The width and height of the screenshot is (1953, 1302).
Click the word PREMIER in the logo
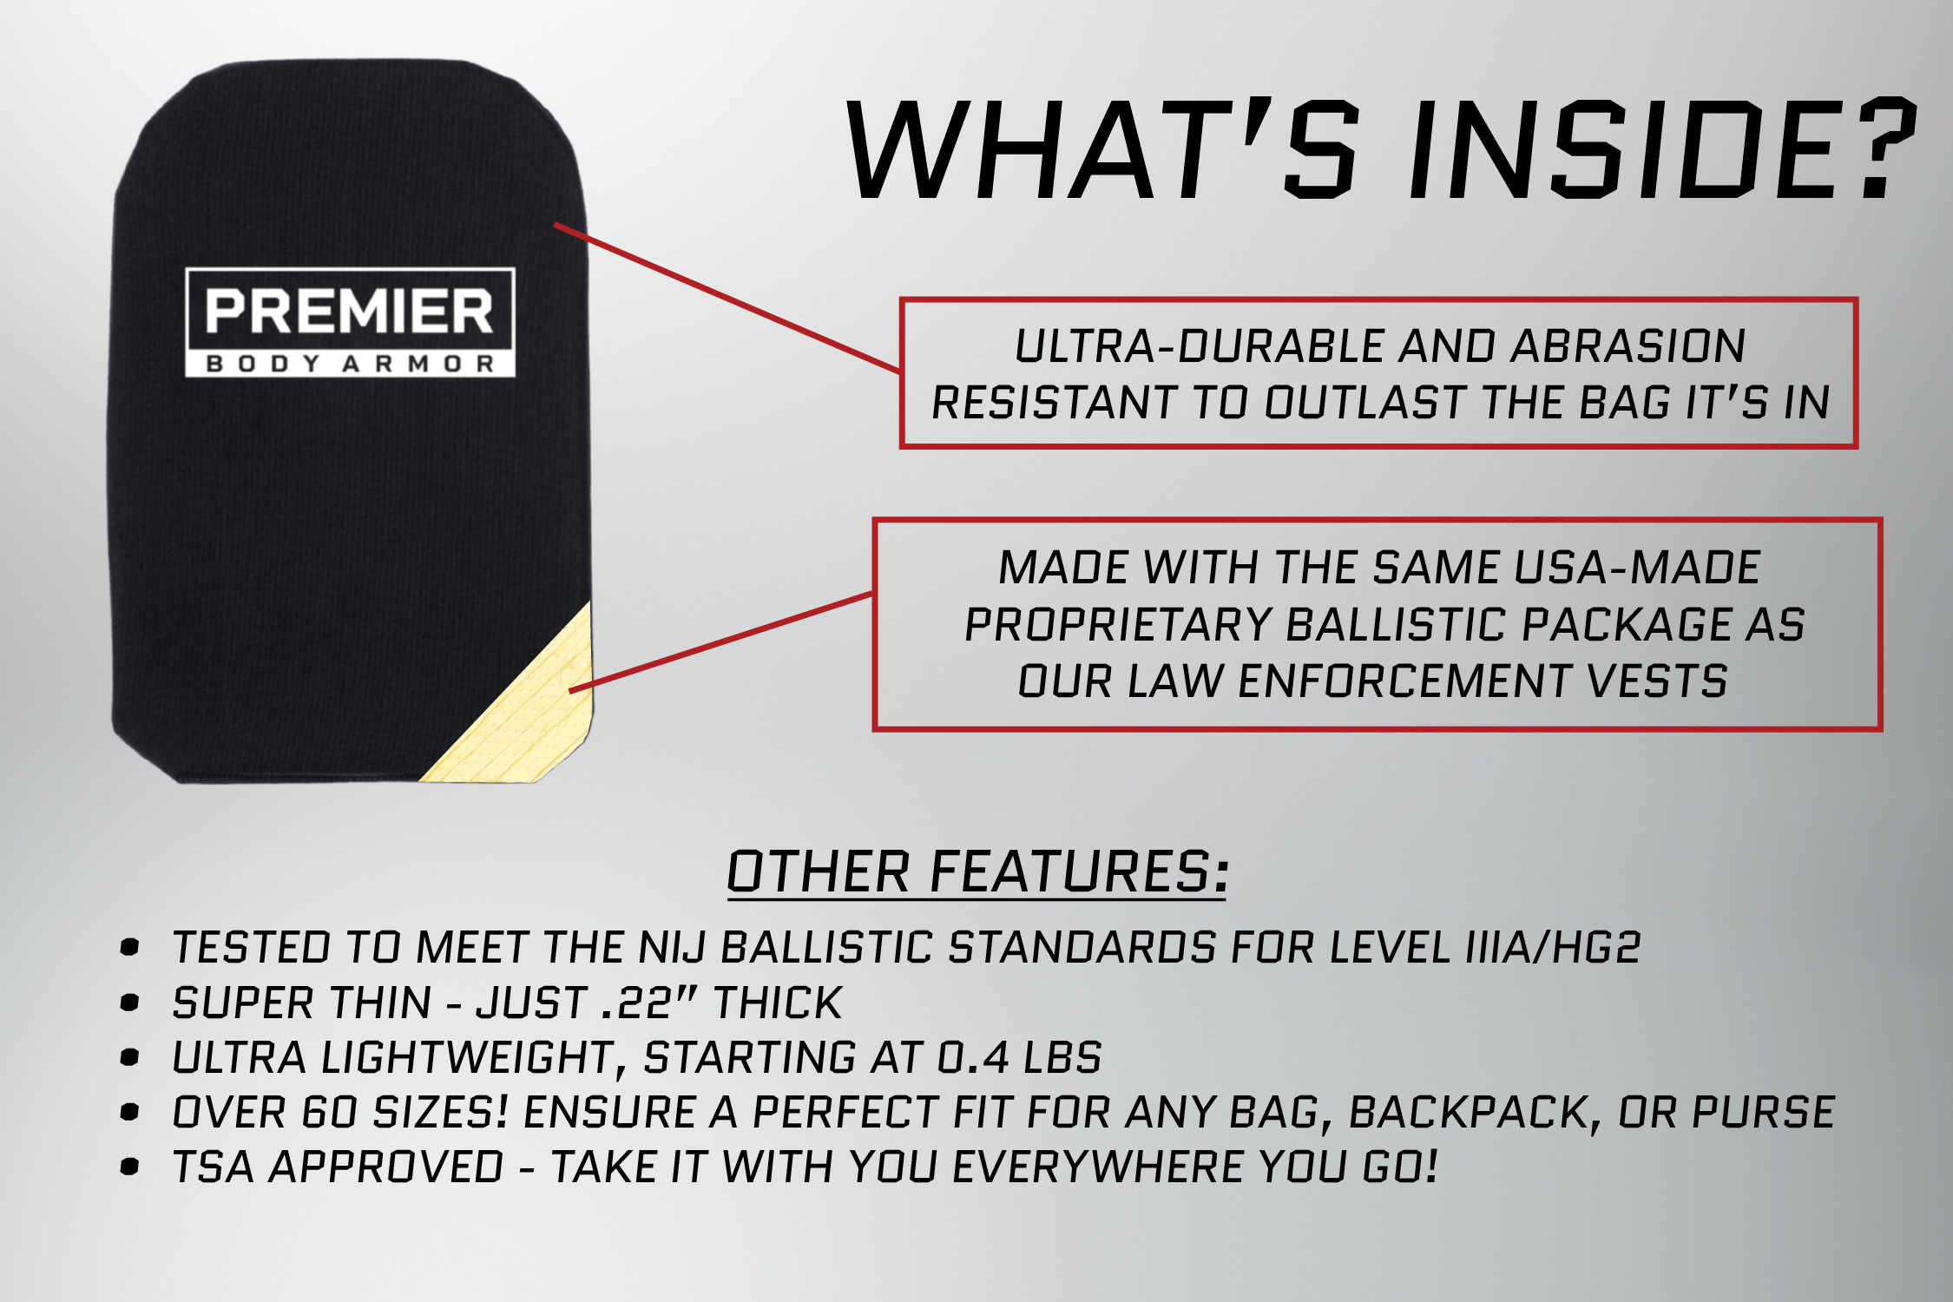(x=349, y=311)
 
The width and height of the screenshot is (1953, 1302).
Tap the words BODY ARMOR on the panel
(x=350, y=364)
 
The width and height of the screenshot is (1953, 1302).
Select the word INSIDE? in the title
(x=1660, y=148)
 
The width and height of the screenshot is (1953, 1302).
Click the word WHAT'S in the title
(x=1102, y=148)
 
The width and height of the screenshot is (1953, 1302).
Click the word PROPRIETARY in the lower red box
(x=1117, y=625)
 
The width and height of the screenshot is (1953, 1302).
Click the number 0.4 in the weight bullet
(x=973, y=1058)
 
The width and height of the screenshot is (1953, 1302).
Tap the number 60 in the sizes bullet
(x=329, y=1113)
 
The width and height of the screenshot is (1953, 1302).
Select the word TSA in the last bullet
(x=213, y=1167)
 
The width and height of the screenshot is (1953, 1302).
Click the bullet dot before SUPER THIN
(x=130, y=1003)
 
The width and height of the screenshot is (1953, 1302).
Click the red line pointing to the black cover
(x=727, y=298)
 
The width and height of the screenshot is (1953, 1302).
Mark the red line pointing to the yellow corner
(x=720, y=642)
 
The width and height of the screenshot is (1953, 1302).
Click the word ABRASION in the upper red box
(x=1627, y=346)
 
